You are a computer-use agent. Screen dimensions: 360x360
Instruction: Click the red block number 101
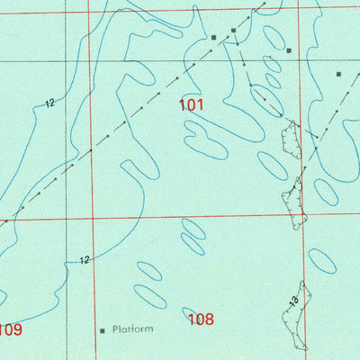click(191, 104)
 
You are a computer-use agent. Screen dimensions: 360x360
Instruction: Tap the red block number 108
click(200, 319)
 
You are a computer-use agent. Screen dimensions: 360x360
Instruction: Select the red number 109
click(9, 329)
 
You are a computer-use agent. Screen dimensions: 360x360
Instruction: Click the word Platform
click(132, 330)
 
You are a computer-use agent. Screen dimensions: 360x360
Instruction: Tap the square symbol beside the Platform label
click(103, 331)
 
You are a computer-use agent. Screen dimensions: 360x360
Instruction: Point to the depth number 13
click(293, 302)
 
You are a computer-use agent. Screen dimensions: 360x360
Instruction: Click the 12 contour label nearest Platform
click(84, 261)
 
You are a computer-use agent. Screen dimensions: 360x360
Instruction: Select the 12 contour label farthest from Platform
click(49, 103)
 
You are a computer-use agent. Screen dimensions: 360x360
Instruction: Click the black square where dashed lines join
click(233, 31)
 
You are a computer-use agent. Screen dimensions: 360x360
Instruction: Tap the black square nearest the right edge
click(339, 74)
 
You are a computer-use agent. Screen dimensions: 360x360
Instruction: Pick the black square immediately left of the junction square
click(213, 38)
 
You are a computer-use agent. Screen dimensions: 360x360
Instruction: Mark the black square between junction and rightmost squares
click(289, 50)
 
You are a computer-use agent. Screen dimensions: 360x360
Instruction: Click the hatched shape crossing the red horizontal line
click(295, 202)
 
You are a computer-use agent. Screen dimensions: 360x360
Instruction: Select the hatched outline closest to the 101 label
click(291, 139)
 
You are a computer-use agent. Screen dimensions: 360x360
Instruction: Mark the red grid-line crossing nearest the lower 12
click(90, 218)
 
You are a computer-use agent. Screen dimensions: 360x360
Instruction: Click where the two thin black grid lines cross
click(67, 61)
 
